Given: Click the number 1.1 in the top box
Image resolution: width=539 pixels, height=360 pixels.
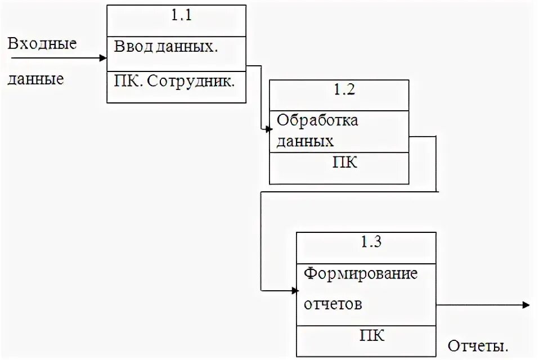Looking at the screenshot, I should (x=182, y=16).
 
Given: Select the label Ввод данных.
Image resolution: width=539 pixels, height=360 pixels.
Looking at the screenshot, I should (x=166, y=47).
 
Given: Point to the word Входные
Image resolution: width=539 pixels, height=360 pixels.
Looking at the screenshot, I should (x=42, y=44).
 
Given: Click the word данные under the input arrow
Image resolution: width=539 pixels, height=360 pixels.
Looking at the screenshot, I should (x=35, y=79).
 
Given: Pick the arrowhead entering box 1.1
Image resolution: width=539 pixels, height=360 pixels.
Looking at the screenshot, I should (x=104, y=57).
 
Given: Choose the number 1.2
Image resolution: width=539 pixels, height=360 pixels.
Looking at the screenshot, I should (x=344, y=89).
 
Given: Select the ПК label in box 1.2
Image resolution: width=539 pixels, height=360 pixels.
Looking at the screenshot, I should (x=345, y=163).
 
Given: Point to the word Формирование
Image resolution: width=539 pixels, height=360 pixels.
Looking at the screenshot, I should (x=361, y=274).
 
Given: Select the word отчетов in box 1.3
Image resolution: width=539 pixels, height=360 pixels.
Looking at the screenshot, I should (x=333, y=304).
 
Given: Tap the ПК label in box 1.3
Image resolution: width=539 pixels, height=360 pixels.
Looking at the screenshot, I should (x=372, y=336).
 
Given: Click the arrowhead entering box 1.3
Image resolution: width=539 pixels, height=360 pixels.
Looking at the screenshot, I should (x=295, y=291).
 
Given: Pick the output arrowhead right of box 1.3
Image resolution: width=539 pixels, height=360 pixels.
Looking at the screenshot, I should (x=526, y=305).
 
